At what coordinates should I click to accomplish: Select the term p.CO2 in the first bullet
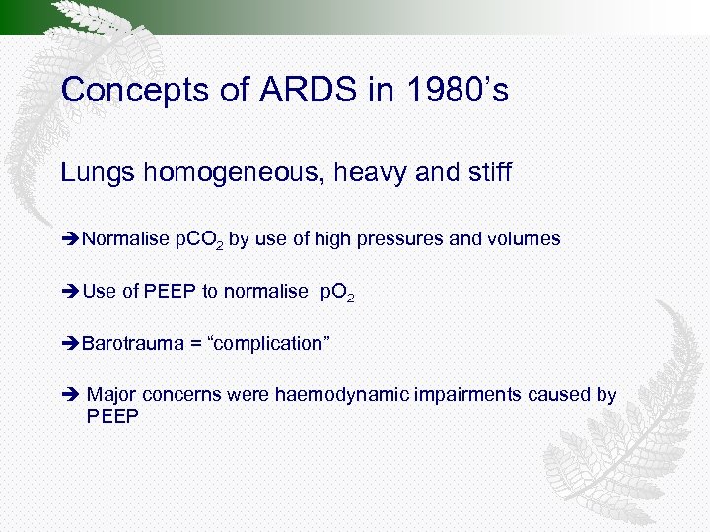pos(200,239)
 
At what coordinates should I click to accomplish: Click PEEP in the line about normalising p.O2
pos(168,291)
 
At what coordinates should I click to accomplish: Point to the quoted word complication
pos(269,343)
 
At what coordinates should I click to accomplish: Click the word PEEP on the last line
pos(113,417)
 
